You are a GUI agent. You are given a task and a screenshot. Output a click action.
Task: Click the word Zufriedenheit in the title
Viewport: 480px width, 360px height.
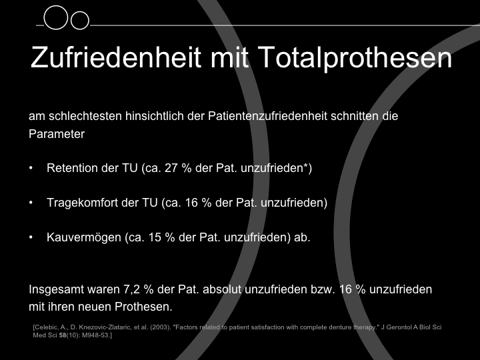116,57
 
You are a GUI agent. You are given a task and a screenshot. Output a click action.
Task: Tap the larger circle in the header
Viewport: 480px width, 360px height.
56,17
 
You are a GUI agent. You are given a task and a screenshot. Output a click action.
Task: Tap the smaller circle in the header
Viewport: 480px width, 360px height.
80,21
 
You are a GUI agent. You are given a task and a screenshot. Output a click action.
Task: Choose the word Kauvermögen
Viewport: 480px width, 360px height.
84,237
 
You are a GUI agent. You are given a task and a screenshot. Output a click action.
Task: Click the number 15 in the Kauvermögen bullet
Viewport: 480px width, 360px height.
155,237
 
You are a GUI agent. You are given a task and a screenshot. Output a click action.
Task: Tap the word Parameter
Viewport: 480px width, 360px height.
57,134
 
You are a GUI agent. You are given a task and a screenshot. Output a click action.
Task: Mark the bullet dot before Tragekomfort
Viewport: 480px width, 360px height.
31,203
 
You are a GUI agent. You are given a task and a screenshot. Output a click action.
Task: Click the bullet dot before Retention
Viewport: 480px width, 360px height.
31,168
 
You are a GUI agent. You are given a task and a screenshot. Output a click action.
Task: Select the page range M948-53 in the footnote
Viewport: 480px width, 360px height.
95,335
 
